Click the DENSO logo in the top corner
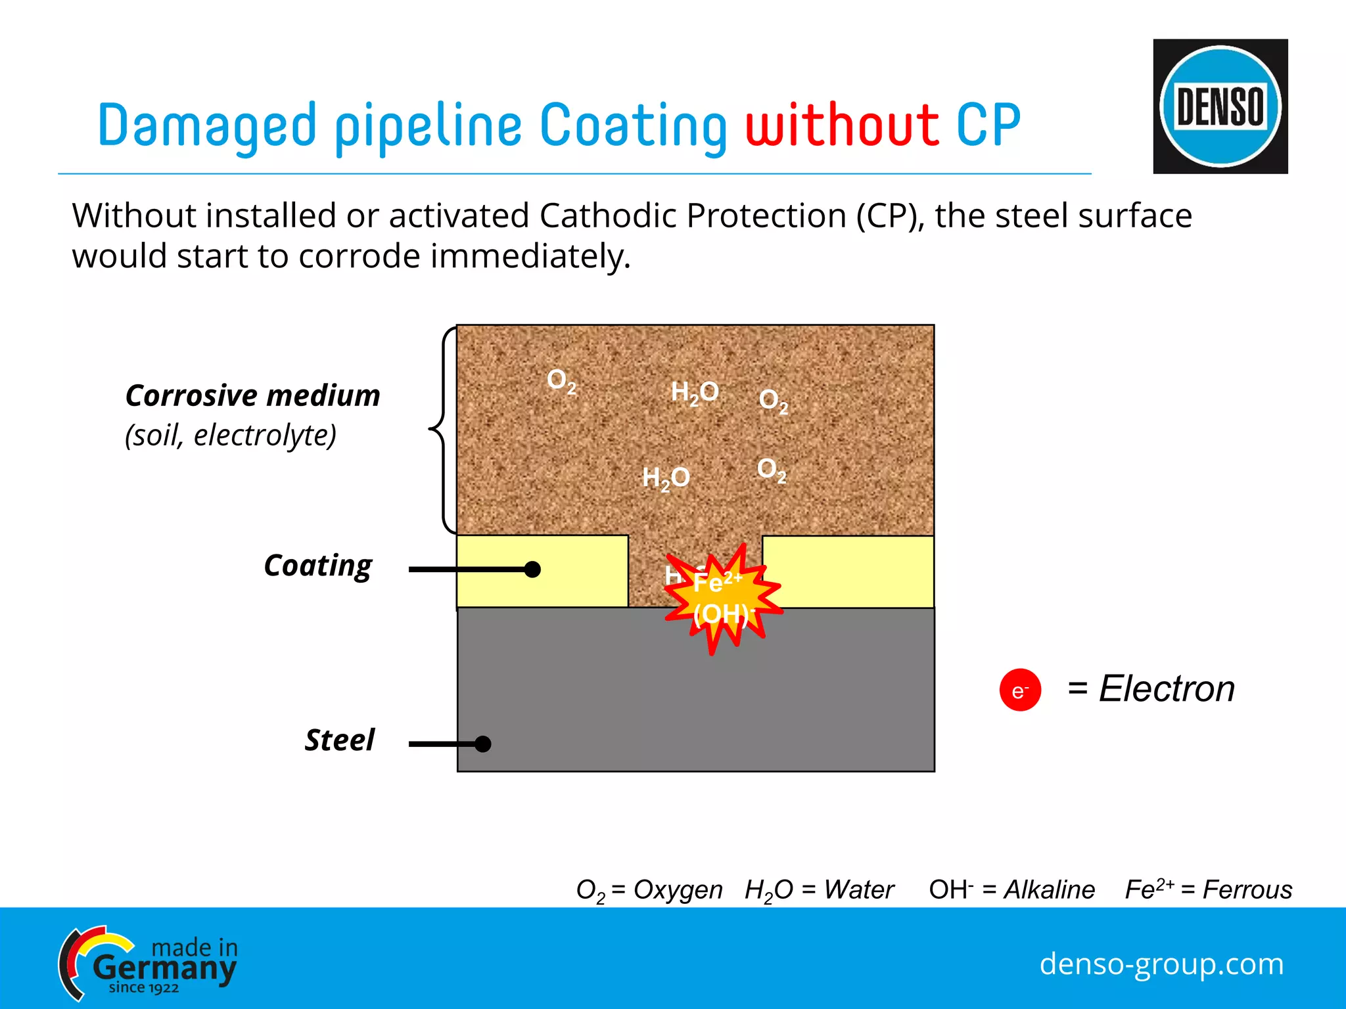pos(1220,106)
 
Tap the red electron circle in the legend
pos(1019,690)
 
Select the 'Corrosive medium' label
pos(253,395)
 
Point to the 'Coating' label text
pos(317,566)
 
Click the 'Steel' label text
pos(339,740)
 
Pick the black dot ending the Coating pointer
pos(532,570)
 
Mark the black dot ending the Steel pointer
pos(483,744)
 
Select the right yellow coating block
pos(848,572)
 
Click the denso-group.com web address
pos(1161,964)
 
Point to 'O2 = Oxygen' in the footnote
pos(649,890)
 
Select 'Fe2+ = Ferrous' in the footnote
pos(1208,889)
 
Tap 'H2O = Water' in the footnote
pos(819,890)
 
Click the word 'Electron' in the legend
pos(1167,689)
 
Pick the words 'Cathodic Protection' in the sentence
pos(693,215)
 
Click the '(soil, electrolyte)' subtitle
pos(231,435)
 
